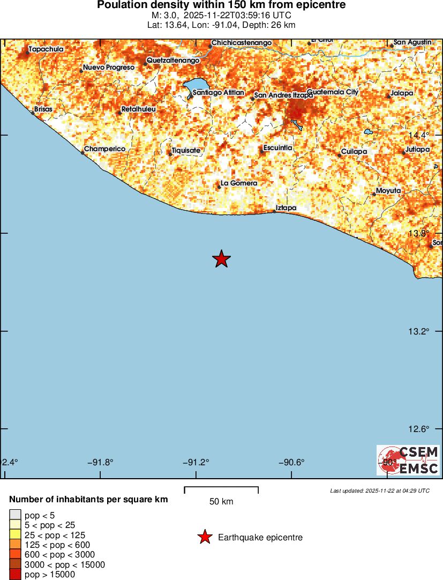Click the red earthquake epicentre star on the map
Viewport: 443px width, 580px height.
coord(221,259)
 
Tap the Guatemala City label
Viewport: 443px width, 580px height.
coord(332,92)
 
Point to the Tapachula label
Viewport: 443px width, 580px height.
coord(46,49)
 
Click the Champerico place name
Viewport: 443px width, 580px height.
coord(104,148)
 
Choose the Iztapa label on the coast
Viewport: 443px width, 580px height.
coord(286,207)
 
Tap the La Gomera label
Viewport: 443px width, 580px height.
coord(239,183)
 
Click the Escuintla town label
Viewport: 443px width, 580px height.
coord(277,147)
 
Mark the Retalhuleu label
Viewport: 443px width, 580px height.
coord(138,109)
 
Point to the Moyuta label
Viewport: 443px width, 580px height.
coord(388,190)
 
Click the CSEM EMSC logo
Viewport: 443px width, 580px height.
coord(408,460)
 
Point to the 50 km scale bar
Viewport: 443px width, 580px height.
coord(221,489)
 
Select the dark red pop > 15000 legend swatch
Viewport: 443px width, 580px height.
coord(15,575)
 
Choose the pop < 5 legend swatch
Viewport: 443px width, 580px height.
coord(15,516)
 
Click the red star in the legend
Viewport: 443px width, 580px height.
coord(204,537)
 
